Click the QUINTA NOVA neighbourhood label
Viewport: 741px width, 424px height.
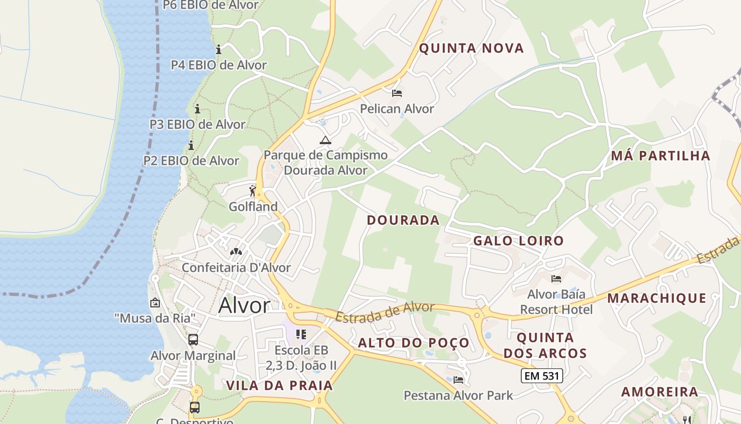pos(471,48)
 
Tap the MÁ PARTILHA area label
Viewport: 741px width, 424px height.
pos(660,156)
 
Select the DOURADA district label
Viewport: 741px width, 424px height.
pos(403,220)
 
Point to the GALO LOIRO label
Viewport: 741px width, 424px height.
pos(518,241)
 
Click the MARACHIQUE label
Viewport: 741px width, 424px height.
pos(656,298)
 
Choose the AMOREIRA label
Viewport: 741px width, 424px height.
pos(659,392)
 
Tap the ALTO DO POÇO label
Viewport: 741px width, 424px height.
pos(413,343)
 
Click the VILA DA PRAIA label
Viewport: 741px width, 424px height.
pos(279,386)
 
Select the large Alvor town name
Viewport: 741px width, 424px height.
pos(244,306)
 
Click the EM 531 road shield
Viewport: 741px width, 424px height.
pos(541,376)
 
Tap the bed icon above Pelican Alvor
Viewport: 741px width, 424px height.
pos(397,94)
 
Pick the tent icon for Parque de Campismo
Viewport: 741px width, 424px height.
pos(325,140)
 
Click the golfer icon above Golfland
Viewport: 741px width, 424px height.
pos(252,191)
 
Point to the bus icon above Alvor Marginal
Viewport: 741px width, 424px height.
pos(193,340)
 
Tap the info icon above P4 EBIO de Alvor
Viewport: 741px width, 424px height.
pos(219,50)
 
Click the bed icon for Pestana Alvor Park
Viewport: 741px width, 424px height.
pos(458,380)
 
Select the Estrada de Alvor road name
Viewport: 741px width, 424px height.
pos(385,312)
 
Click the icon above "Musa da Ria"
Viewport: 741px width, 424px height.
pos(155,303)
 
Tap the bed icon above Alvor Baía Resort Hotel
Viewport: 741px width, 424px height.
pos(556,279)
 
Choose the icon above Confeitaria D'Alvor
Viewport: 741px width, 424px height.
pos(236,251)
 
